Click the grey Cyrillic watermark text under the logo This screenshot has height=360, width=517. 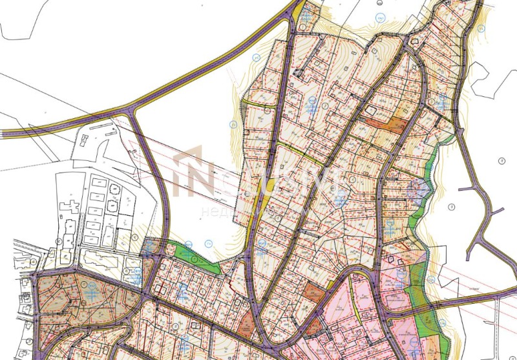(x=233, y=212)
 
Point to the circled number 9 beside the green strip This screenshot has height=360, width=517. (x=451, y=206)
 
